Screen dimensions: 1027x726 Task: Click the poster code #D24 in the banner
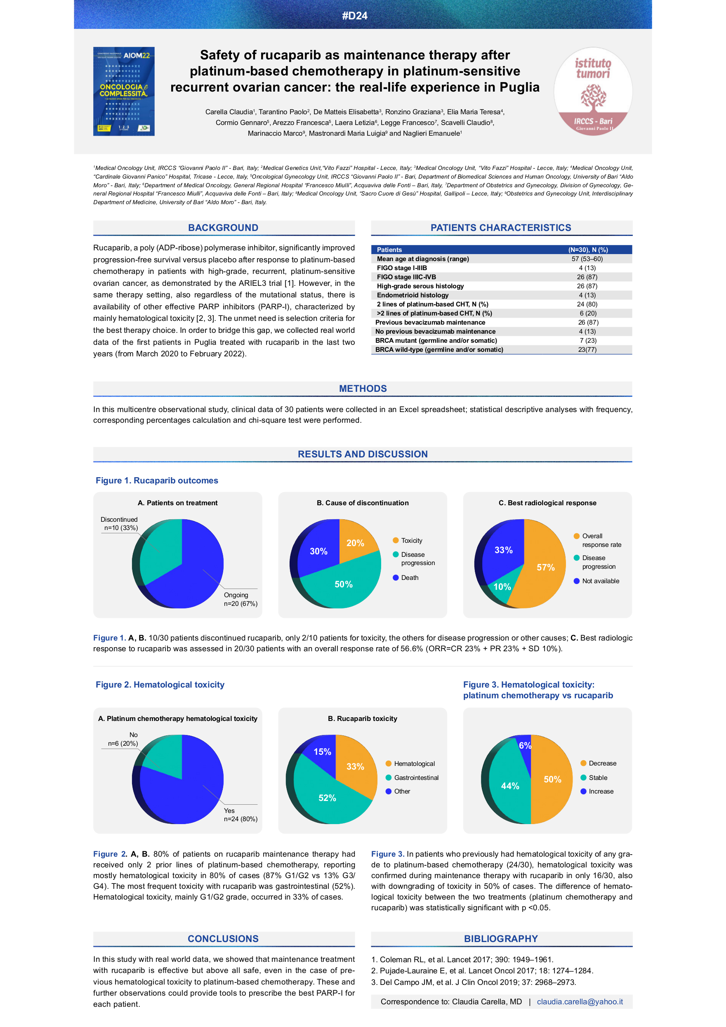(355, 16)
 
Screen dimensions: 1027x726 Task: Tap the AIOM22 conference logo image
(124, 91)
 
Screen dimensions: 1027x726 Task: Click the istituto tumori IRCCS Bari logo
(593, 91)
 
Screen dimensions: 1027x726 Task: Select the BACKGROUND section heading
(223, 228)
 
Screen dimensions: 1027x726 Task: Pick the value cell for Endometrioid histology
(587, 295)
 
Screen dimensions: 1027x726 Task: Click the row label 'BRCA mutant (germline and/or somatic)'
(436, 340)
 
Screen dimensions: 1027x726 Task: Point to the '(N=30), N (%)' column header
(588, 250)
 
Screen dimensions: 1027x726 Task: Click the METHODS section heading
(363, 389)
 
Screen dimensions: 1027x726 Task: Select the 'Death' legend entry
(409, 577)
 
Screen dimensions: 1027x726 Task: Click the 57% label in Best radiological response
(546, 567)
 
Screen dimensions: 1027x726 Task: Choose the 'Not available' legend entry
(600, 581)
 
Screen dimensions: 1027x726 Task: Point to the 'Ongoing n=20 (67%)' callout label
(240, 599)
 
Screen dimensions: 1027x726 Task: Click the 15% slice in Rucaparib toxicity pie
(322, 752)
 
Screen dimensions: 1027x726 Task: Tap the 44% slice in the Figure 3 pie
(510, 786)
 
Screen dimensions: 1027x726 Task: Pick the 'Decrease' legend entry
(602, 763)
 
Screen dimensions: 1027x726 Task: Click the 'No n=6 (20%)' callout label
(123, 739)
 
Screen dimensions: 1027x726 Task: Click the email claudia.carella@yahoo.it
(580, 1001)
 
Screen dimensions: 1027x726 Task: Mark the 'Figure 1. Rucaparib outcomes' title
(157, 481)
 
